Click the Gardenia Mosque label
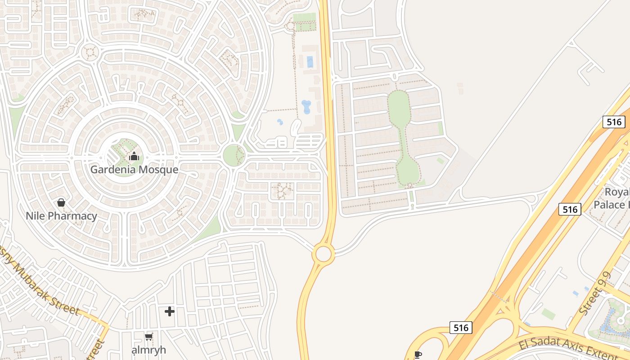click(134, 170)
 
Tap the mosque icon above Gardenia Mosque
click(134, 157)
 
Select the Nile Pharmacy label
click(61, 216)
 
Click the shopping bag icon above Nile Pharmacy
click(61, 203)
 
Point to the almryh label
click(148, 350)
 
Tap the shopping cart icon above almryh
click(148, 337)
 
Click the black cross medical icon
click(169, 311)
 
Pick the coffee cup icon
click(418, 355)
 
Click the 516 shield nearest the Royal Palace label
click(570, 209)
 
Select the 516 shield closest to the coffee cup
click(461, 328)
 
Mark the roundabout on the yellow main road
click(324, 254)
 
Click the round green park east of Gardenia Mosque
click(234, 156)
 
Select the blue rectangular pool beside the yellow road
click(310, 62)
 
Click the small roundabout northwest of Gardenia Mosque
click(90, 52)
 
